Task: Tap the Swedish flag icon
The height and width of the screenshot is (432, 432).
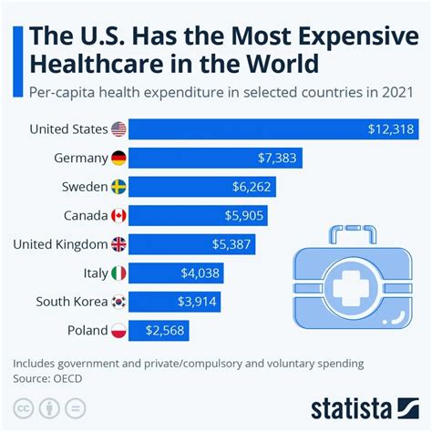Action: (x=118, y=187)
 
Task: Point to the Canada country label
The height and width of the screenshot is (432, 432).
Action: (x=80, y=216)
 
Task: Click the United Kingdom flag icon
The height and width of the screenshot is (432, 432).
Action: (x=118, y=244)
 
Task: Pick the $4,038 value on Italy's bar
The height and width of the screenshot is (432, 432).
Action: (x=199, y=273)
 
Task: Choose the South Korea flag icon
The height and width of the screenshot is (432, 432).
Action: (x=118, y=302)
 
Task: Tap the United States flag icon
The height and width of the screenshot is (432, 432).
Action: (x=118, y=129)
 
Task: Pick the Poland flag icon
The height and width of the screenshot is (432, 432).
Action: (x=118, y=331)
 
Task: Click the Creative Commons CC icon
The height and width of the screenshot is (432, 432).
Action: (x=25, y=407)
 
